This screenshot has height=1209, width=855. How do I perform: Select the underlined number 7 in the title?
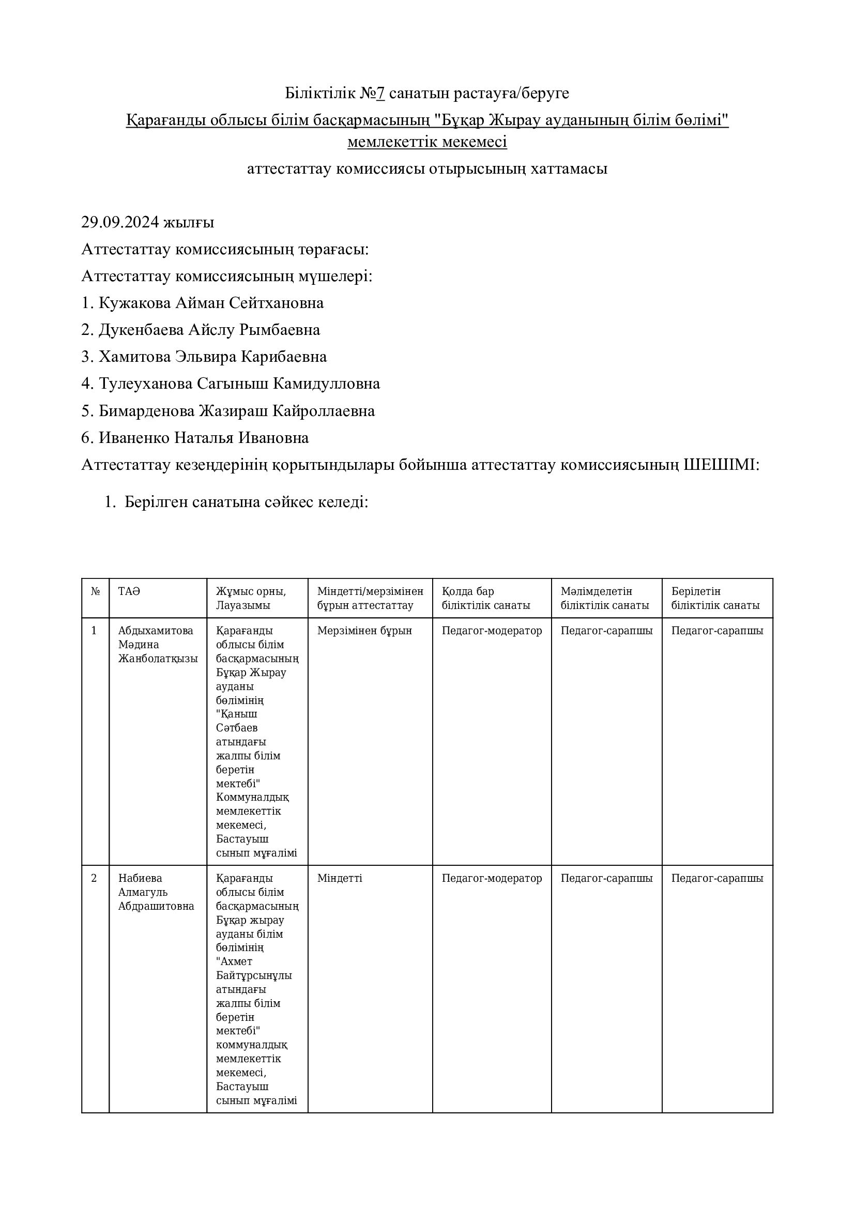[x=380, y=93]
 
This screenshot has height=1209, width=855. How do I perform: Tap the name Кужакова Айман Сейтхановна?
[x=211, y=303]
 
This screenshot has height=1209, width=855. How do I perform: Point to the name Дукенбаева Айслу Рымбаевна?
[x=209, y=330]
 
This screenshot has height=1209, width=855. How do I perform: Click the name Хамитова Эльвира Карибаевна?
[x=212, y=357]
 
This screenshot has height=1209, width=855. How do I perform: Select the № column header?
[x=95, y=591]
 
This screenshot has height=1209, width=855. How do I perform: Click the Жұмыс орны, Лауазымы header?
[x=251, y=598]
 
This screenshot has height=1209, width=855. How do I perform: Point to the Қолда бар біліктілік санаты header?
[x=485, y=598]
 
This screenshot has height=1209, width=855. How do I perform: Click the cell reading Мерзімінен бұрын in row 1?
[x=364, y=631]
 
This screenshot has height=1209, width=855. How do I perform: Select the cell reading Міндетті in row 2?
[x=340, y=878]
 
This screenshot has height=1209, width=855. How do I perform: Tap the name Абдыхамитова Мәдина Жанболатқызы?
[x=158, y=645]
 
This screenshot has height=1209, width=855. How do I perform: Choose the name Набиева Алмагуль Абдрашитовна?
[x=156, y=892]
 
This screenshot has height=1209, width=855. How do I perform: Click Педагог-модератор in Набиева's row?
[x=492, y=878]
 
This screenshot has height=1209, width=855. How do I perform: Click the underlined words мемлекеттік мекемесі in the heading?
[x=427, y=142]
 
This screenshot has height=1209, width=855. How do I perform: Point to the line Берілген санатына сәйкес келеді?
[x=246, y=502]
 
